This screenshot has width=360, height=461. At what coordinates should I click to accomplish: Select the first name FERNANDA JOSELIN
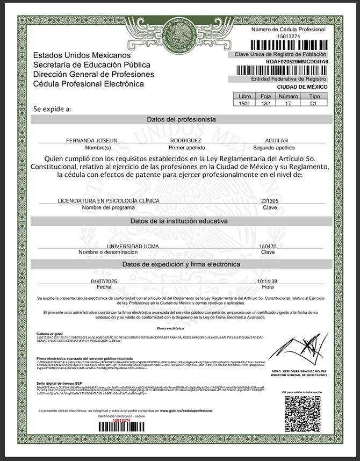(x=91, y=140)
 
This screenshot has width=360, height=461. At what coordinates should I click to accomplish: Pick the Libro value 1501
(x=245, y=103)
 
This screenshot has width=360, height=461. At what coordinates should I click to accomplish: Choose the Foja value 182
(x=265, y=103)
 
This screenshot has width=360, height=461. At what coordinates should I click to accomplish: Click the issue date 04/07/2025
(x=104, y=281)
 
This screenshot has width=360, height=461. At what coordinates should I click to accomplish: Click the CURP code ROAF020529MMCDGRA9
(x=297, y=62)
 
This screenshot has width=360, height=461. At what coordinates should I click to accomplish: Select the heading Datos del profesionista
(x=181, y=119)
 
